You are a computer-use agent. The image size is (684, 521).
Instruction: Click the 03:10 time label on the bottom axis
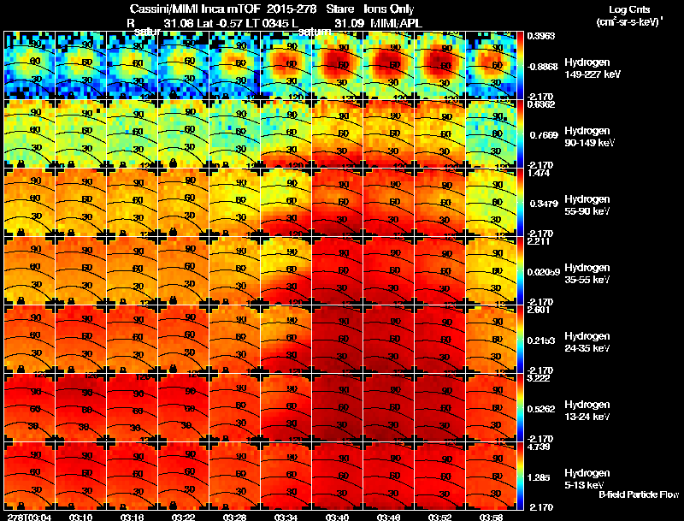(x=80, y=517)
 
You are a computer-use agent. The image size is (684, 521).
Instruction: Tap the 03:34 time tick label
(x=286, y=517)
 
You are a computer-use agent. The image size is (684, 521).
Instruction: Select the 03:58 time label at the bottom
(x=492, y=517)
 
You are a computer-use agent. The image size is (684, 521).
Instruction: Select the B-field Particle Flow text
(x=638, y=494)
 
